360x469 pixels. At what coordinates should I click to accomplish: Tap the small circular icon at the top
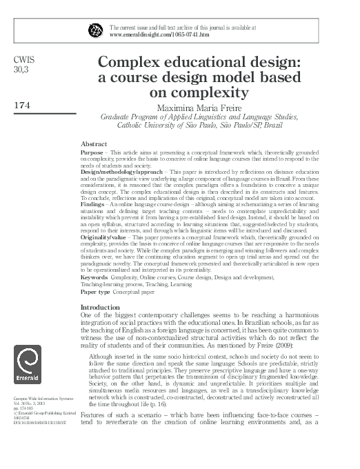point(96,30)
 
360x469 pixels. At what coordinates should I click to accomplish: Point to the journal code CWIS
point(23,61)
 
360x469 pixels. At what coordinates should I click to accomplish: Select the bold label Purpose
point(92,151)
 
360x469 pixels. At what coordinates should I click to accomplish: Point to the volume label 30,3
point(21,70)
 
